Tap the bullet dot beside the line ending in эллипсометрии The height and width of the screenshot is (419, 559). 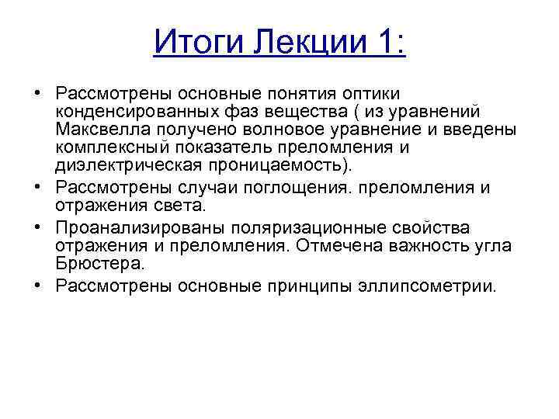point(37,286)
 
